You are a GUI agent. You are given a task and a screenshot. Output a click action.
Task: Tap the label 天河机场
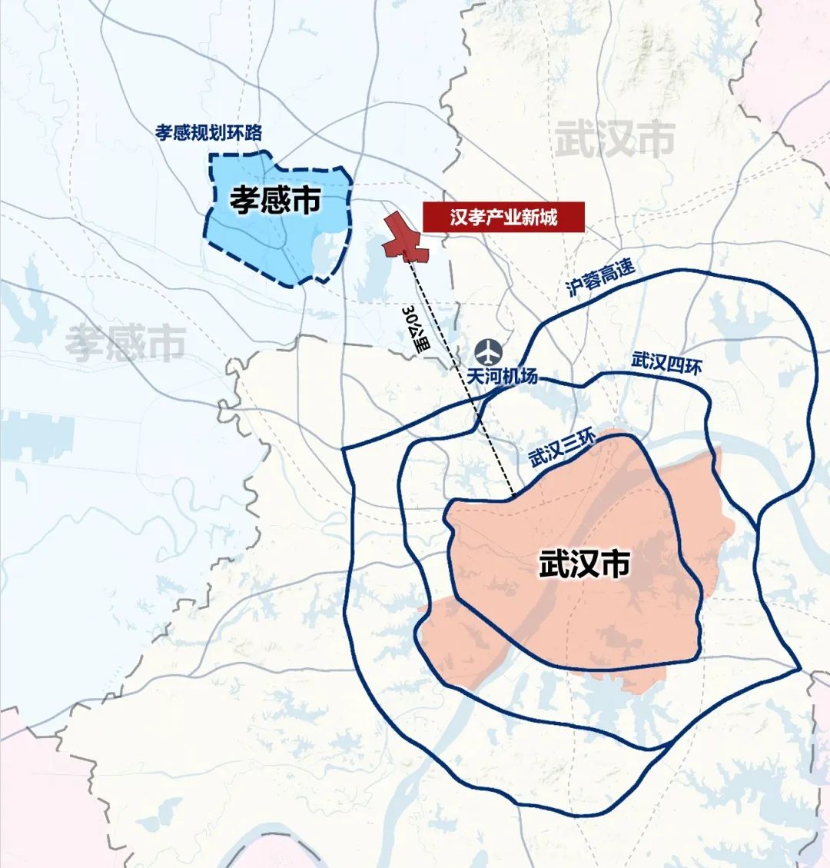(503, 377)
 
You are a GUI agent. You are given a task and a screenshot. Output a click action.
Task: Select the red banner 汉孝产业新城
(503, 218)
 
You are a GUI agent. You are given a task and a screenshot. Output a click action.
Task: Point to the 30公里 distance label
(417, 329)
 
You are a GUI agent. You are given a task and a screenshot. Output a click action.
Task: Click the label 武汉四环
(666, 363)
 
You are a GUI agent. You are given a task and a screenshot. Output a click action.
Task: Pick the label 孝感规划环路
(208, 131)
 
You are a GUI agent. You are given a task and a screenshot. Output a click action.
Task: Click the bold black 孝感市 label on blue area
(275, 201)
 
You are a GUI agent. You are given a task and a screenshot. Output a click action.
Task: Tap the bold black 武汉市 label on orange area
(585, 564)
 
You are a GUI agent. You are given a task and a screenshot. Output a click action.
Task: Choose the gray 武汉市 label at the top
(615, 140)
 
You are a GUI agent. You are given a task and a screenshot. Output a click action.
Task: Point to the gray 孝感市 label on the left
(124, 343)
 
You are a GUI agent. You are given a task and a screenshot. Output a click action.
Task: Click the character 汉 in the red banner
(460, 218)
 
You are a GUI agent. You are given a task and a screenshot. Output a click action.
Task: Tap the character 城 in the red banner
(548, 218)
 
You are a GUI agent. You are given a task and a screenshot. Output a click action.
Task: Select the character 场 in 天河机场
(530, 377)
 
